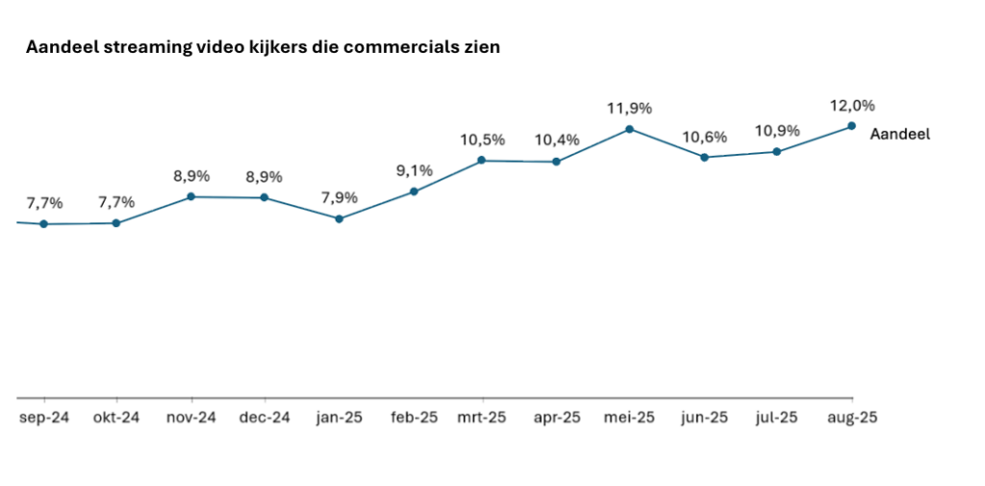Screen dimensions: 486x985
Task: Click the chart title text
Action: coord(263,47)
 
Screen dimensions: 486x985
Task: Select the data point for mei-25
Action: coord(629,128)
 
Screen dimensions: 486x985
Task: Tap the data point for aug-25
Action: coord(851,125)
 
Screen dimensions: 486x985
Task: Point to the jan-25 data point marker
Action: coord(340,218)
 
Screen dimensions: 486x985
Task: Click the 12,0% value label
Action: coord(851,106)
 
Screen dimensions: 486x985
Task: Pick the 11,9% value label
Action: coord(629,109)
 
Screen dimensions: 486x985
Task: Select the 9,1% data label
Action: coord(414,171)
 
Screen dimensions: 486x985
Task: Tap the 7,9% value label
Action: coord(340,198)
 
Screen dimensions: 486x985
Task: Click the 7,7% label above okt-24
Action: coord(116,203)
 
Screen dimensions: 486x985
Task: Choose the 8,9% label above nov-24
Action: coord(191,176)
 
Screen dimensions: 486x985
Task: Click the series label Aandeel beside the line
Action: coord(899,135)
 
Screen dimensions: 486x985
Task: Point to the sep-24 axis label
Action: coord(43,418)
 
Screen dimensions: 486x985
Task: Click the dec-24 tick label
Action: coord(265,418)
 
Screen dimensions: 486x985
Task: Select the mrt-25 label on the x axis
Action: coord(482,418)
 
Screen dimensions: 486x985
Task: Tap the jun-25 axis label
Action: coord(704,418)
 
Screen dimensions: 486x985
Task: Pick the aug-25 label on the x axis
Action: coord(851,418)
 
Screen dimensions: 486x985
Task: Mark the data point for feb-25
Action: coord(414,192)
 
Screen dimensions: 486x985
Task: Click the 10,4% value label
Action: coord(556,141)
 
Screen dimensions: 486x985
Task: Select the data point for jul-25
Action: coord(776,152)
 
